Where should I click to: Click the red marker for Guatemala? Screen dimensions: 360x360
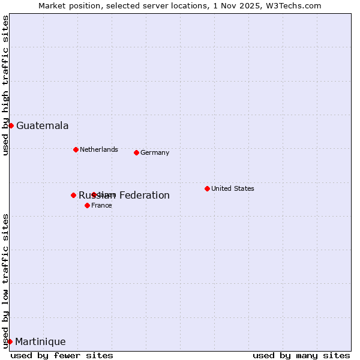tap(11, 125)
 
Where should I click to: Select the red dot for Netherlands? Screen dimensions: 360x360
tap(76, 149)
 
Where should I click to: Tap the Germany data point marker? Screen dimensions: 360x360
tap(136, 152)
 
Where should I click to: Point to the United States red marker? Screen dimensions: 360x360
tap(207, 188)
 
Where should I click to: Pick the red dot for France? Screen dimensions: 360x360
tap(87, 205)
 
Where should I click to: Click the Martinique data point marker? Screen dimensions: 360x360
tap(10, 341)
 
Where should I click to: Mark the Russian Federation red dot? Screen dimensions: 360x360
tap(73, 195)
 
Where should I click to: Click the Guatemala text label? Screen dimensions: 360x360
tap(42, 125)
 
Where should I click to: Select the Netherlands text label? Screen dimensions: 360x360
tap(98, 149)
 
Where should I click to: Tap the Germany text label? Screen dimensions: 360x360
tap(155, 152)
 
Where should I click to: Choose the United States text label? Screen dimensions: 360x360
tap(232, 188)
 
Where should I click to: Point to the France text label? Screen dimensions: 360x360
tap(101, 205)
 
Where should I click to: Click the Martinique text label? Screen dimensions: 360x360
tap(40, 341)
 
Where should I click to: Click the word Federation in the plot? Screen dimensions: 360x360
tap(144, 195)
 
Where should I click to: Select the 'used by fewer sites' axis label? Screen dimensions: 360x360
tap(62, 355)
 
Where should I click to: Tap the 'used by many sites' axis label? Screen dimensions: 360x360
tap(301, 355)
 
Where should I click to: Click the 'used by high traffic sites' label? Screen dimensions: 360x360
tap(5, 85)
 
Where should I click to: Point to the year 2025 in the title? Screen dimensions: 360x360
tap(249, 5)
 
